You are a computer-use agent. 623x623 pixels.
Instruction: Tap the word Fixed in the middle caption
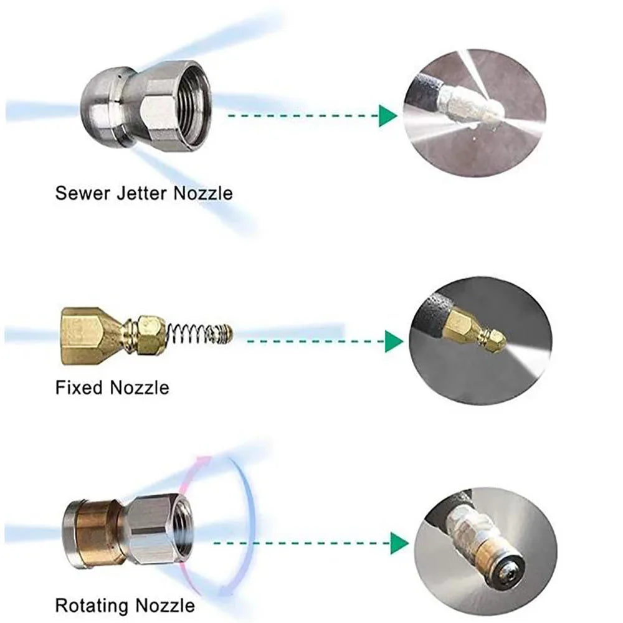(x=80, y=388)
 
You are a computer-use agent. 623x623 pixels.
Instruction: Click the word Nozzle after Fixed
(x=140, y=388)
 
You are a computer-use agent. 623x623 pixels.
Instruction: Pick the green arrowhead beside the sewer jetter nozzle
(x=388, y=115)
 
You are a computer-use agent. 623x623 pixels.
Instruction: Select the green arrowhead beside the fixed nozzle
(x=393, y=341)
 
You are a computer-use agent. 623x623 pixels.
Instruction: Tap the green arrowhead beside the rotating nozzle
(x=399, y=543)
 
